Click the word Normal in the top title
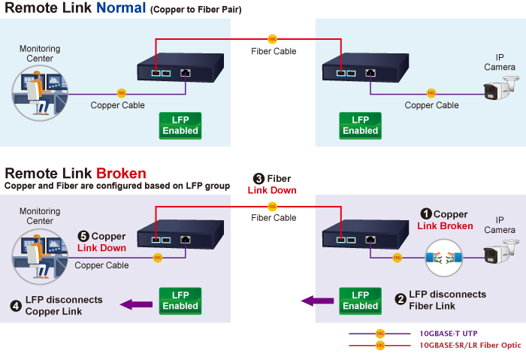pyautogui.click(x=122, y=9)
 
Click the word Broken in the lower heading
pyautogui.click(x=121, y=174)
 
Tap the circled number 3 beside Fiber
pyautogui.click(x=258, y=179)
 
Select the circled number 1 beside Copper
pyautogui.click(x=425, y=214)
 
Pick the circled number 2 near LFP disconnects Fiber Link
pyautogui.click(x=401, y=299)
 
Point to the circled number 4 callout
pyautogui.click(x=16, y=305)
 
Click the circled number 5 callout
pyautogui.click(x=83, y=237)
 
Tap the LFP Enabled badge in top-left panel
pyautogui.click(x=180, y=126)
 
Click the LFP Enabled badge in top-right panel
pyautogui.click(x=360, y=126)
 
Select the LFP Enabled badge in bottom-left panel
pyautogui.click(x=180, y=301)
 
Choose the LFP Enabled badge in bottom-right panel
pyautogui.click(x=360, y=301)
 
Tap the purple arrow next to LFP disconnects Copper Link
pyautogui.click(x=137, y=304)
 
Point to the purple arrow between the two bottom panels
pyautogui.click(x=317, y=301)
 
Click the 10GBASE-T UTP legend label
pyautogui.click(x=448, y=333)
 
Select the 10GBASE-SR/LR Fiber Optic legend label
pyautogui.click(x=470, y=346)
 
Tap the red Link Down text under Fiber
pyautogui.click(x=272, y=190)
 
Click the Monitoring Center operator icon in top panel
pyautogui.click(x=40, y=94)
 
